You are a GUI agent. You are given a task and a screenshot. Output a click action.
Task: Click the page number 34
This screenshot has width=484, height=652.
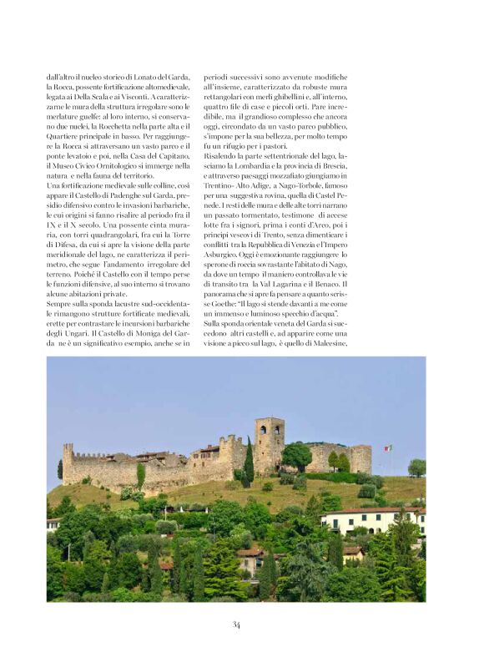[x=237, y=624]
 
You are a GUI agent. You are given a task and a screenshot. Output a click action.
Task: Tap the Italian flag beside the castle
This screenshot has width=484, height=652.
[x=387, y=448]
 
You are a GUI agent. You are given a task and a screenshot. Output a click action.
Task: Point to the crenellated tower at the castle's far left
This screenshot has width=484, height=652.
[x=68, y=462]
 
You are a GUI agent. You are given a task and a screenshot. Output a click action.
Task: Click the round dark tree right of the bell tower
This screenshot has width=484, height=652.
[x=298, y=455]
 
